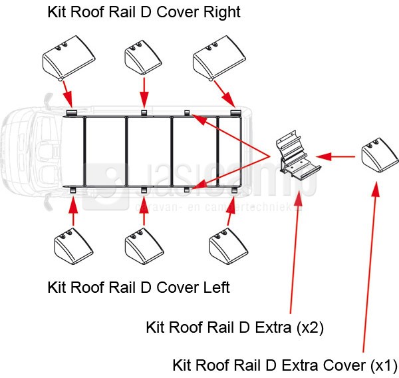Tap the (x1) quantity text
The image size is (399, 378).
[x=382, y=365]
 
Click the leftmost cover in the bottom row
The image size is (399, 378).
[x=72, y=246]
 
